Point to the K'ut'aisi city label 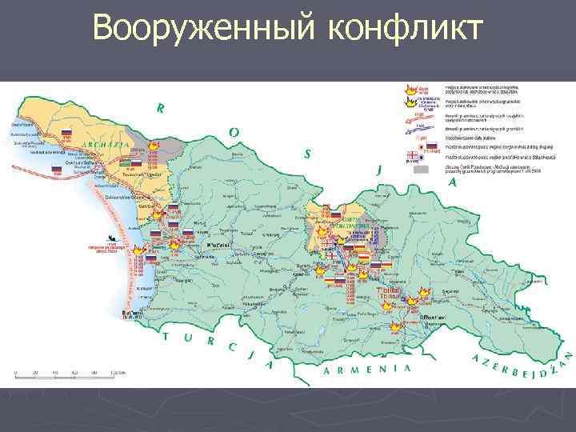[219, 243]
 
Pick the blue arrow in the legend [415, 127]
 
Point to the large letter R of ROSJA [162, 108]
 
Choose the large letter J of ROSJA [378, 168]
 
